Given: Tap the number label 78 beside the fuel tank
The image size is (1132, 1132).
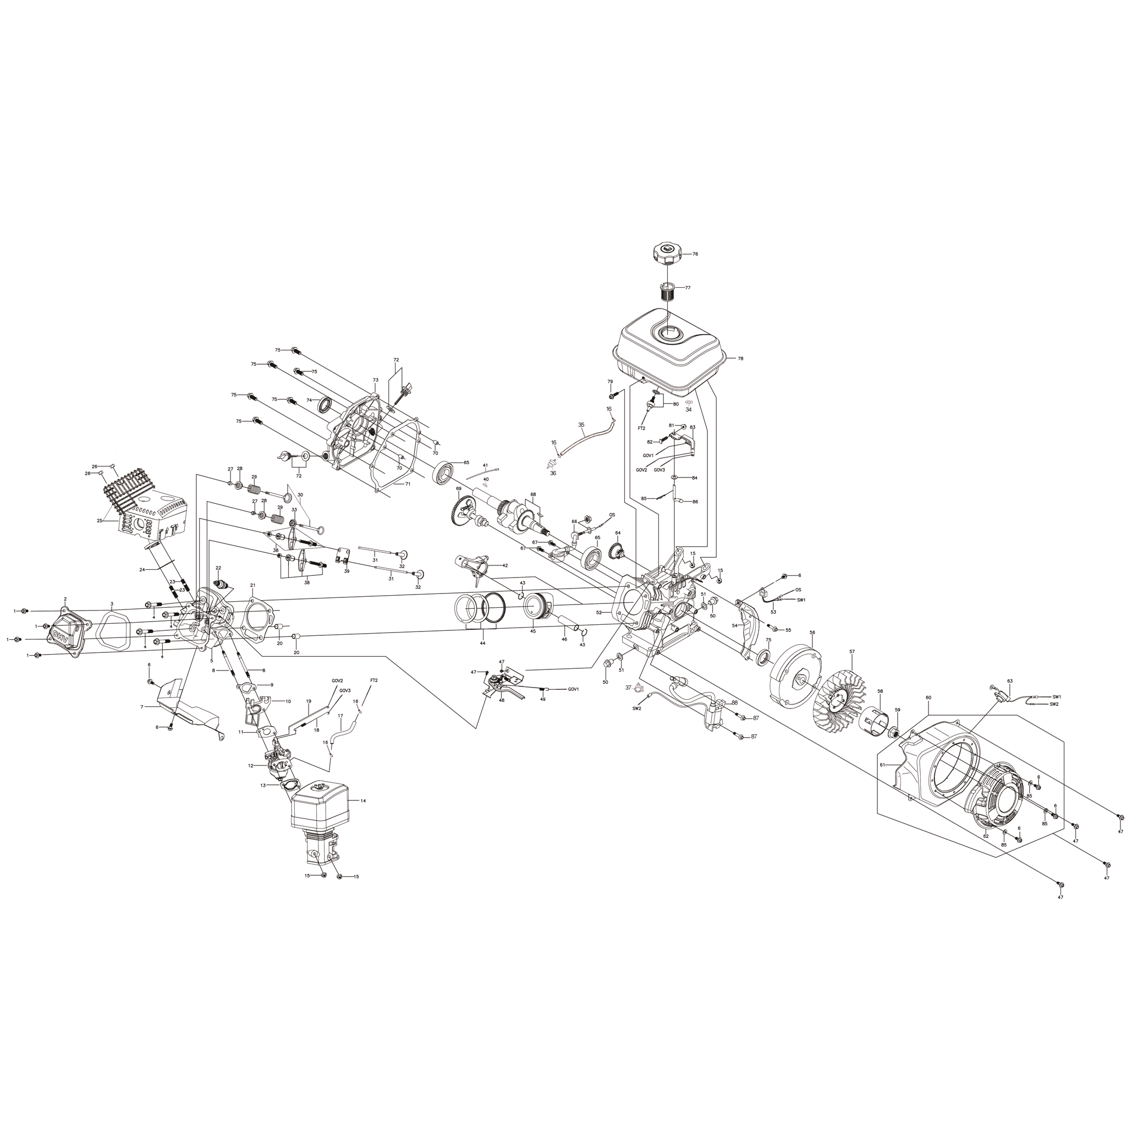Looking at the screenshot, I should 740,359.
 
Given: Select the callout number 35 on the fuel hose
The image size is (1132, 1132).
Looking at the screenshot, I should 581,424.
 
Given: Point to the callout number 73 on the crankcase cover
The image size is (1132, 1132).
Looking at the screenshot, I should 376,380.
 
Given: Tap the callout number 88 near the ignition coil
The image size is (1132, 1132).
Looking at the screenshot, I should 735,702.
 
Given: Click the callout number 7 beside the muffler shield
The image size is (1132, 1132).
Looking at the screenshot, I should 142,707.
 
